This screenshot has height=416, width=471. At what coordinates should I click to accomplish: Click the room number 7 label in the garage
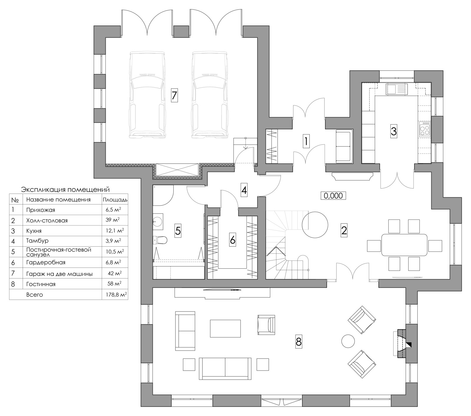(x=174, y=95)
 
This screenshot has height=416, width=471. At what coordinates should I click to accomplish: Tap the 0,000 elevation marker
(x=333, y=196)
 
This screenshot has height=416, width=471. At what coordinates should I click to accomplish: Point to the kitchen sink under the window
(x=397, y=89)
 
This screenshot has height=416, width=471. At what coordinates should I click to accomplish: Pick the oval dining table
(x=404, y=245)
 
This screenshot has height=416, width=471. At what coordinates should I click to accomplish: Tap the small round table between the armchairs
(x=348, y=341)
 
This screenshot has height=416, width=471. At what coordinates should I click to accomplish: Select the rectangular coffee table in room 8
(x=225, y=328)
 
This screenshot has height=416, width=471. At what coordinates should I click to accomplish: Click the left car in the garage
(x=146, y=95)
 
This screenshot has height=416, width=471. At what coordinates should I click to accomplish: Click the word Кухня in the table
(x=34, y=231)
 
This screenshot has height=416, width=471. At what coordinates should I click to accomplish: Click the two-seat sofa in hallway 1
(x=344, y=146)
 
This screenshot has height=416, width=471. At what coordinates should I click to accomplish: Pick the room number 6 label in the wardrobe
(x=232, y=240)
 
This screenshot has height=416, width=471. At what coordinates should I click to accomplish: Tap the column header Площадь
(x=115, y=200)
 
